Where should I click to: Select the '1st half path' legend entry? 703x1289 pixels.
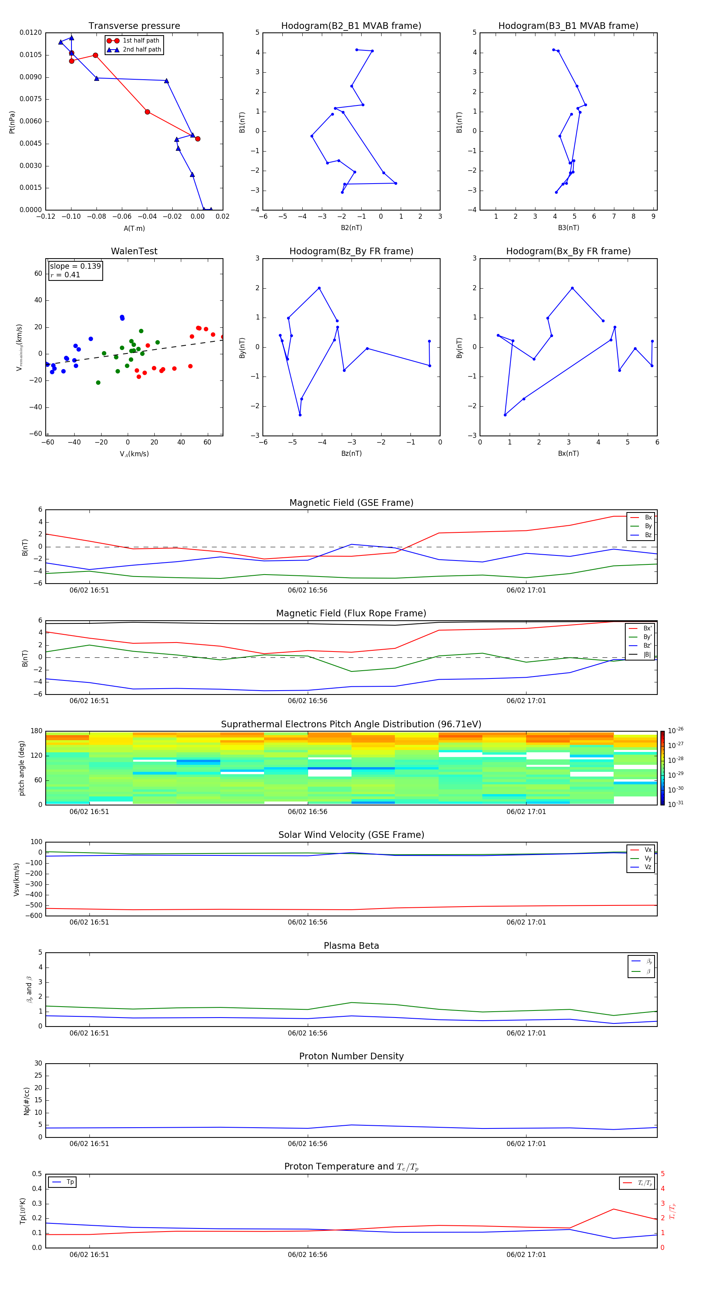tap(141, 41)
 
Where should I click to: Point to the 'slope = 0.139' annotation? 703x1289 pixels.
tap(75, 266)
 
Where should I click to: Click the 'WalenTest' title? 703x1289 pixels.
tap(134, 251)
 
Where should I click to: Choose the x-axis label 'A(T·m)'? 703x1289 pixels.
tap(134, 228)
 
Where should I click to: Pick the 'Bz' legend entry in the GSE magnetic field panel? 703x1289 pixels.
tap(648, 535)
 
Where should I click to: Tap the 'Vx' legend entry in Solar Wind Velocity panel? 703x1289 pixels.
tap(648, 850)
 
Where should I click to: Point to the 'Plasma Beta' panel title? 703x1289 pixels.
tap(351, 946)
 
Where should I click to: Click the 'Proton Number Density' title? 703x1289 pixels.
tap(351, 1056)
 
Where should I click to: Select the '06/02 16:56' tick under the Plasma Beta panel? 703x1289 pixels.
tap(307, 1033)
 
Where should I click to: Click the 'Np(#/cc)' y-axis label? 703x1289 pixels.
tap(27, 1101)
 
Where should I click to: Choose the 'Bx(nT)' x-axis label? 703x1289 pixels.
tap(568, 453)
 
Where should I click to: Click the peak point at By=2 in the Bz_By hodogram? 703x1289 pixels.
tap(319, 288)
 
